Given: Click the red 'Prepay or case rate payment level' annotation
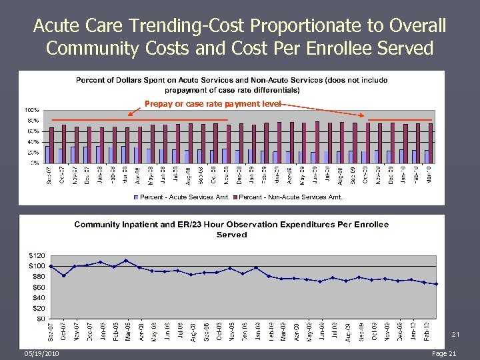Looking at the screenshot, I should click(x=213, y=104).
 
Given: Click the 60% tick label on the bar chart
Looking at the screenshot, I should click(x=32, y=131).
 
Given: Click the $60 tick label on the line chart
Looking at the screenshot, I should click(x=37, y=287).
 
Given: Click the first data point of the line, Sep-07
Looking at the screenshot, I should click(x=51, y=266).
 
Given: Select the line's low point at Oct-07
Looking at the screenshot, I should click(x=63, y=275).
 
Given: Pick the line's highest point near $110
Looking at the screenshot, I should click(x=126, y=261).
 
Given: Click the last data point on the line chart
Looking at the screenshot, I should click(x=436, y=284).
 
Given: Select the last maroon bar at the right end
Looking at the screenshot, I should click(x=431, y=143).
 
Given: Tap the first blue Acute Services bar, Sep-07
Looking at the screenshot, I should click(x=47, y=154).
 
